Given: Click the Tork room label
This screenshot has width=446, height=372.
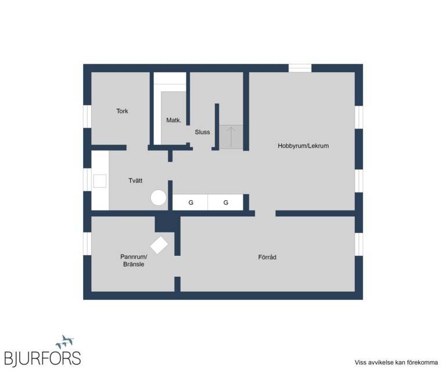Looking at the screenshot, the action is point(122,111).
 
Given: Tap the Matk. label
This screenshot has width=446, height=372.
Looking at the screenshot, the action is point(174,120).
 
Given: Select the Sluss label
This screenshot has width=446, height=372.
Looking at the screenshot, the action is point(202,132).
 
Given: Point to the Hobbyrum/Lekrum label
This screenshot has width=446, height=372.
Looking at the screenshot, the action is point(303,146).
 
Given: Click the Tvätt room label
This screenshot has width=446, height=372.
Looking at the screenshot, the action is point(135,180).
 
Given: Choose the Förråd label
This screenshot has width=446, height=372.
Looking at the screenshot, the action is point(267,257).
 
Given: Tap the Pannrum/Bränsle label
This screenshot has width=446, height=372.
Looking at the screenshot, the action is point(134,260).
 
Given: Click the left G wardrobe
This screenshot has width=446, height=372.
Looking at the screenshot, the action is point(190,202).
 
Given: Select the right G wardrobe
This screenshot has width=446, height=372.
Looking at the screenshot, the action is point(225,202).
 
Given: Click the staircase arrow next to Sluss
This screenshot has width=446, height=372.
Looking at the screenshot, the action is point(231,137).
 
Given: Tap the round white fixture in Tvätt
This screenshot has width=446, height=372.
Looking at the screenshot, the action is point(159,198).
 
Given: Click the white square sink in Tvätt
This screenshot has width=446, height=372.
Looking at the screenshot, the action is point(100,181).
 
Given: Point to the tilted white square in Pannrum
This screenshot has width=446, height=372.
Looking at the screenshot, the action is point(159,245).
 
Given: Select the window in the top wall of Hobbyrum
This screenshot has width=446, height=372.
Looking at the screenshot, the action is point(300,69).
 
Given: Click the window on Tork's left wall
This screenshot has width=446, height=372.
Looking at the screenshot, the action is point(87,116).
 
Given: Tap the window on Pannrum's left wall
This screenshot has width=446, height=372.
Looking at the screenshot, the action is point(87,244).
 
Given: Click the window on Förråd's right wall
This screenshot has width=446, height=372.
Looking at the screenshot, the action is point(359,244).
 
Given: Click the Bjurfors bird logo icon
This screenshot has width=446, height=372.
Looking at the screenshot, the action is point(65,342).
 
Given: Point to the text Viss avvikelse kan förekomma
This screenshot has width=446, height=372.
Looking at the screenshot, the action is point(396,363).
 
